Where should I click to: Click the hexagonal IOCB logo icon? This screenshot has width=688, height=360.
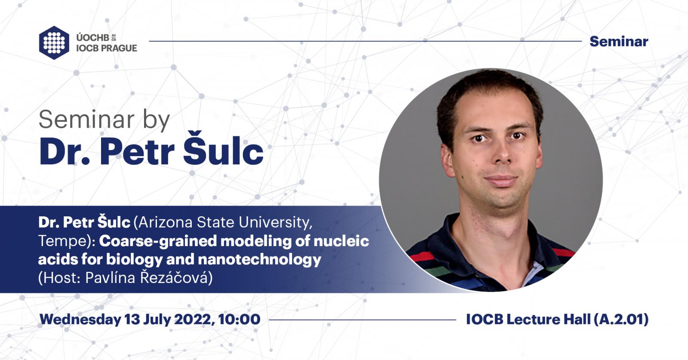click(54, 43)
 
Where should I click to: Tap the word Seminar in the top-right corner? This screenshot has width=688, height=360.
click(619, 41)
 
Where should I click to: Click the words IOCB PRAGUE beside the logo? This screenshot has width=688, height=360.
click(107, 48)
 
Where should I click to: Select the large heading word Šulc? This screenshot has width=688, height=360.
click(223, 149)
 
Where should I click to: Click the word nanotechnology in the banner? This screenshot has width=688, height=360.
click(259, 260)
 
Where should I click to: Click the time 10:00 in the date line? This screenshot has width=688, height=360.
click(240, 320)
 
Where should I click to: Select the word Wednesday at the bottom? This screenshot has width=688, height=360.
click(80, 320)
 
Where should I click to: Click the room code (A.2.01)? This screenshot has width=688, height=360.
click(621, 320)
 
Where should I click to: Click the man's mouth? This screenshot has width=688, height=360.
click(501, 180)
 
